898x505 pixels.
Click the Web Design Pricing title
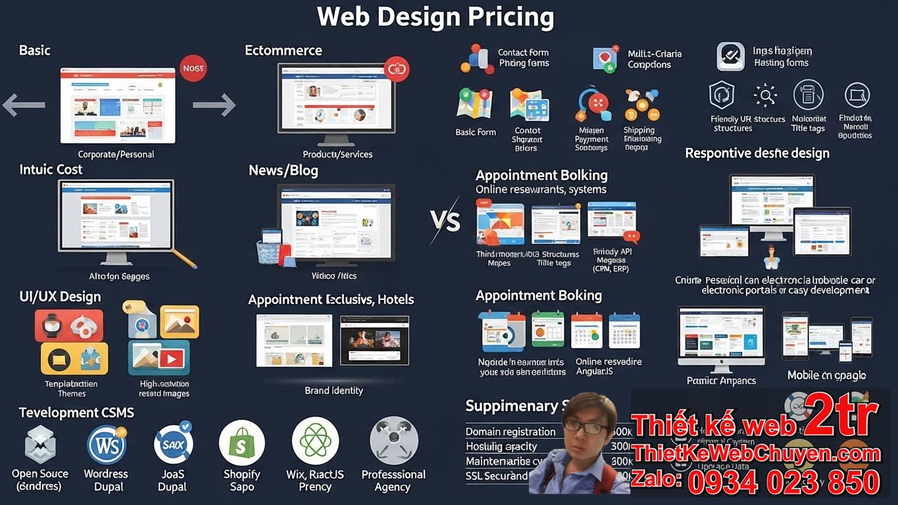pyautogui.click(x=436, y=17)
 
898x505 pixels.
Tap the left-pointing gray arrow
pyautogui.click(x=24, y=105)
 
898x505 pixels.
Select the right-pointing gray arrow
pyautogui.click(x=214, y=105)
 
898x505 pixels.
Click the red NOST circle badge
pyautogui.click(x=193, y=68)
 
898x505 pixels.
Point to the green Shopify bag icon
pyautogui.click(x=241, y=443)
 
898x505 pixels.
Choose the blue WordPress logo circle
pyautogui.click(x=107, y=445)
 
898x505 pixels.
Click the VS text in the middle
pyautogui.click(x=445, y=221)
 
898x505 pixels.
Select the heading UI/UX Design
pyautogui.click(x=60, y=297)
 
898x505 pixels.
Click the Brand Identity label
pyautogui.click(x=334, y=391)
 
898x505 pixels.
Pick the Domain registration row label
pyautogui.click(x=511, y=432)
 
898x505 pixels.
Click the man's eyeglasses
pyautogui.click(x=586, y=428)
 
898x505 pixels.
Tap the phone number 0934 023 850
pyautogui.click(x=784, y=483)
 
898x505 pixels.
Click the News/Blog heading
pyautogui.click(x=283, y=171)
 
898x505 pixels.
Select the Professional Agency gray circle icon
pyautogui.click(x=393, y=441)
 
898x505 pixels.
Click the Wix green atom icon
pyautogui.click(x=315, y=441)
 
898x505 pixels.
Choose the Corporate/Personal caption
pyautogui.click(x=116, y=155)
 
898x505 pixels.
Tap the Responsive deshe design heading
pyautogui.click(x=757, y=153)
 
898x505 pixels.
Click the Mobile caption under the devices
pyautogui.click(x=826, y=375)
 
